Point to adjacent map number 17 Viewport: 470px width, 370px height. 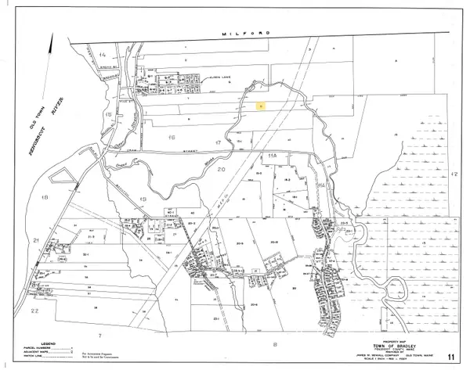click(216, 142)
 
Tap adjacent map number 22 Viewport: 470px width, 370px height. click(34, 311)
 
